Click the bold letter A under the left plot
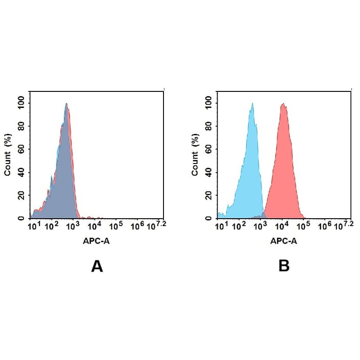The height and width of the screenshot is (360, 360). [x=97, y=267]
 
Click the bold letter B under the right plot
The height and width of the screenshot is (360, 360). [x=284, y=267]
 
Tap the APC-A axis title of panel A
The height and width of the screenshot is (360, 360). [x=98, y=241]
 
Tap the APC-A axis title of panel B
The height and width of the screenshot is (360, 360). [x=284, y=241]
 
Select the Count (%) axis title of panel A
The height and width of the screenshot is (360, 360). [x=8, y=155]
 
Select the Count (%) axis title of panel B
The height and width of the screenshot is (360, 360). [x=195, y=155]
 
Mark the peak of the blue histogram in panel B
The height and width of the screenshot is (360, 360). [x=253, y=104]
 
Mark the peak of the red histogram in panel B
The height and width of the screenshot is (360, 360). [x=283, y=104]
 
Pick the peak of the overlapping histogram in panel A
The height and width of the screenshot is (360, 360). [x=67, y=104]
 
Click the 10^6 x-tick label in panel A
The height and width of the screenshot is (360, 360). [x=137, y=227]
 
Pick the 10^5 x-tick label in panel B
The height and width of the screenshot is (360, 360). [x=303, y=227]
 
